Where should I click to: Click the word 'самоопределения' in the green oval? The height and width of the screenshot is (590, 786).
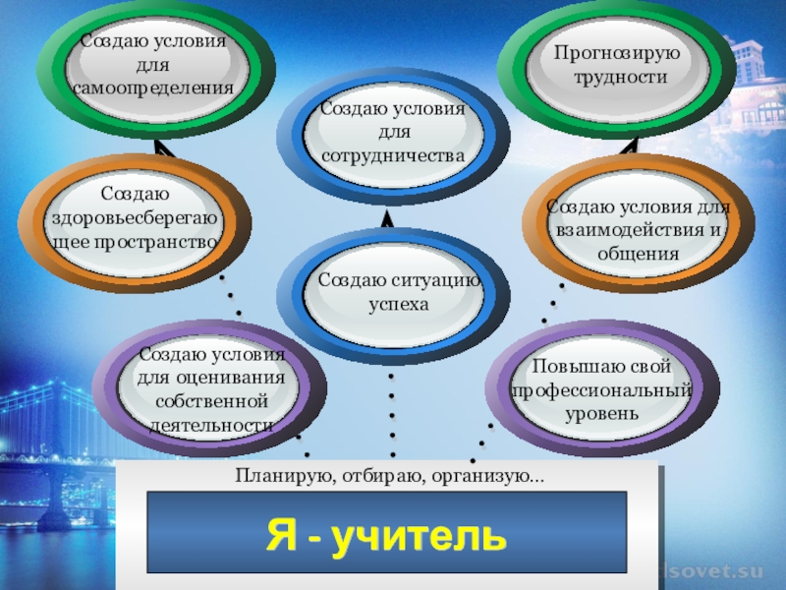[153, 88]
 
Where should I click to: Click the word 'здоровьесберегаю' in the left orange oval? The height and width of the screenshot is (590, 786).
[132, 217]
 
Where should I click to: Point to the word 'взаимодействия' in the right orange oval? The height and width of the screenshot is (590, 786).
[632, 230]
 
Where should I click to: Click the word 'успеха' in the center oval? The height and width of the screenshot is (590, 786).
[399, 304]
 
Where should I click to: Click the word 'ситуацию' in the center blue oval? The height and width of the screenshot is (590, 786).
[438, 280]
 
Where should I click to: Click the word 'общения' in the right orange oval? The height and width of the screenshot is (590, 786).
[639, 254]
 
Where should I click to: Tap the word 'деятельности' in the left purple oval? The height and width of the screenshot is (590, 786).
[210, 426]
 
